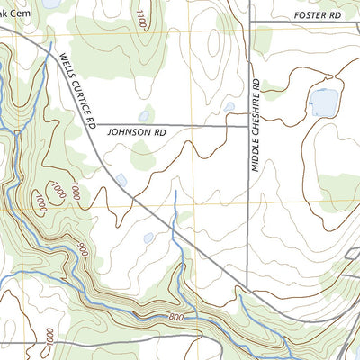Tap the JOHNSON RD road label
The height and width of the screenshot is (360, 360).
click(x=138, y=131)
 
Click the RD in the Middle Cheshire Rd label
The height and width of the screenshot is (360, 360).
click(x=256, y=84)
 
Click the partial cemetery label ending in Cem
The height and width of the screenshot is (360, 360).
click(x=15, y=13)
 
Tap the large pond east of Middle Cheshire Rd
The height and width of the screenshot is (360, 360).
click(x=323, y=103)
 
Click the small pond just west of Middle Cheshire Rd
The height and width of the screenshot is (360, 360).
click(x=229, y=106)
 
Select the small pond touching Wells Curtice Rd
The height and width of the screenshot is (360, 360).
click(x=121, y=180)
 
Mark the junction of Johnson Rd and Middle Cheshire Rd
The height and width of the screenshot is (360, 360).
click(x=248, y=126)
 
